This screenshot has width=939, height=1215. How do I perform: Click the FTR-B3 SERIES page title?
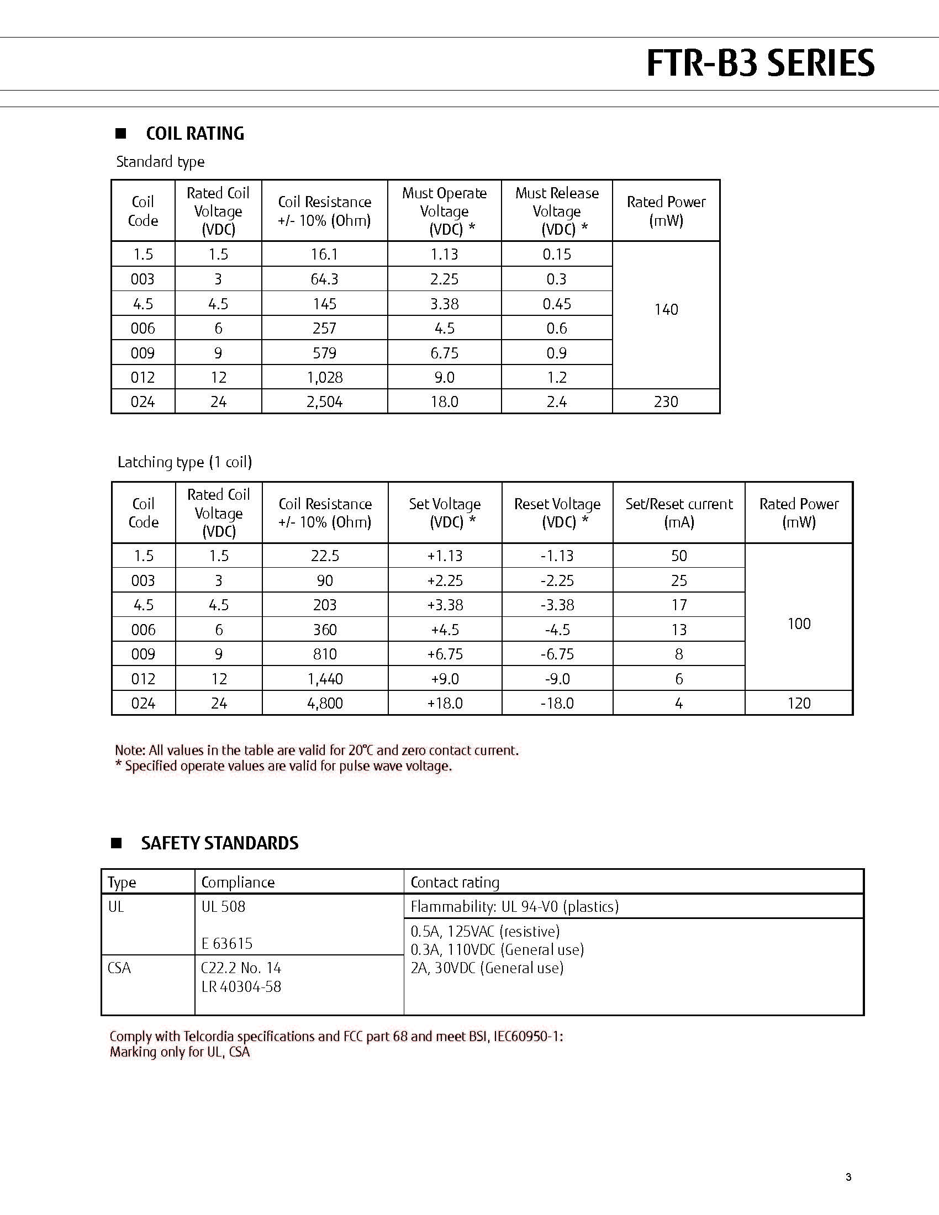tap(760, 63)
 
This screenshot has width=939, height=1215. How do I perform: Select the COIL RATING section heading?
tap(194, 134)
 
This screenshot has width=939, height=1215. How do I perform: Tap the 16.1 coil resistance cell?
tap(324, 254)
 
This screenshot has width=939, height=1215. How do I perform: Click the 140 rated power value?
tap(666, 309)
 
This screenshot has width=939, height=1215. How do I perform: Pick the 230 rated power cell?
tap(666, 402)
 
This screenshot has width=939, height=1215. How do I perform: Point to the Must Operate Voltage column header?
tap(444, 211)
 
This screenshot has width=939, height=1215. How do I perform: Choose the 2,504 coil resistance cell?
tap(324, 402)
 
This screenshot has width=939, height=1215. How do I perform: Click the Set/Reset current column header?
tap(679, 513)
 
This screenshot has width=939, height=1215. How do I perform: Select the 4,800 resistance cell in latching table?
tap(325, 703)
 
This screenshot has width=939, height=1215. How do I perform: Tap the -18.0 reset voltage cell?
tap(557, 703)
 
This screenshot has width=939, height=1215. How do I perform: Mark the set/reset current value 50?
tap(679, 556)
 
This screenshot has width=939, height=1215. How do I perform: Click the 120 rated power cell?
tap(799, 703)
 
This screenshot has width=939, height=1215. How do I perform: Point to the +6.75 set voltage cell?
tap(445, 654)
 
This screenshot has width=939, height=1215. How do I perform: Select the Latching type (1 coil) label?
tap(184, 462)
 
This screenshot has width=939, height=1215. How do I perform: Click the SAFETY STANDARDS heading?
tap(219, 843)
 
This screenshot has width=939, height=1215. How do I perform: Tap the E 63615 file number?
tap(227, 943)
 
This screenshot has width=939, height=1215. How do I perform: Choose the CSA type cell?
tap(119, 968)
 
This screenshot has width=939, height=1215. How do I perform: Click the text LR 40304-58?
tap(241, 986)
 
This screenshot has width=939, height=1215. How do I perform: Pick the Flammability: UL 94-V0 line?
tap(515, 906)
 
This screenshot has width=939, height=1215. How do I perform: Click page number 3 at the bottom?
tap(848, 1176)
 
